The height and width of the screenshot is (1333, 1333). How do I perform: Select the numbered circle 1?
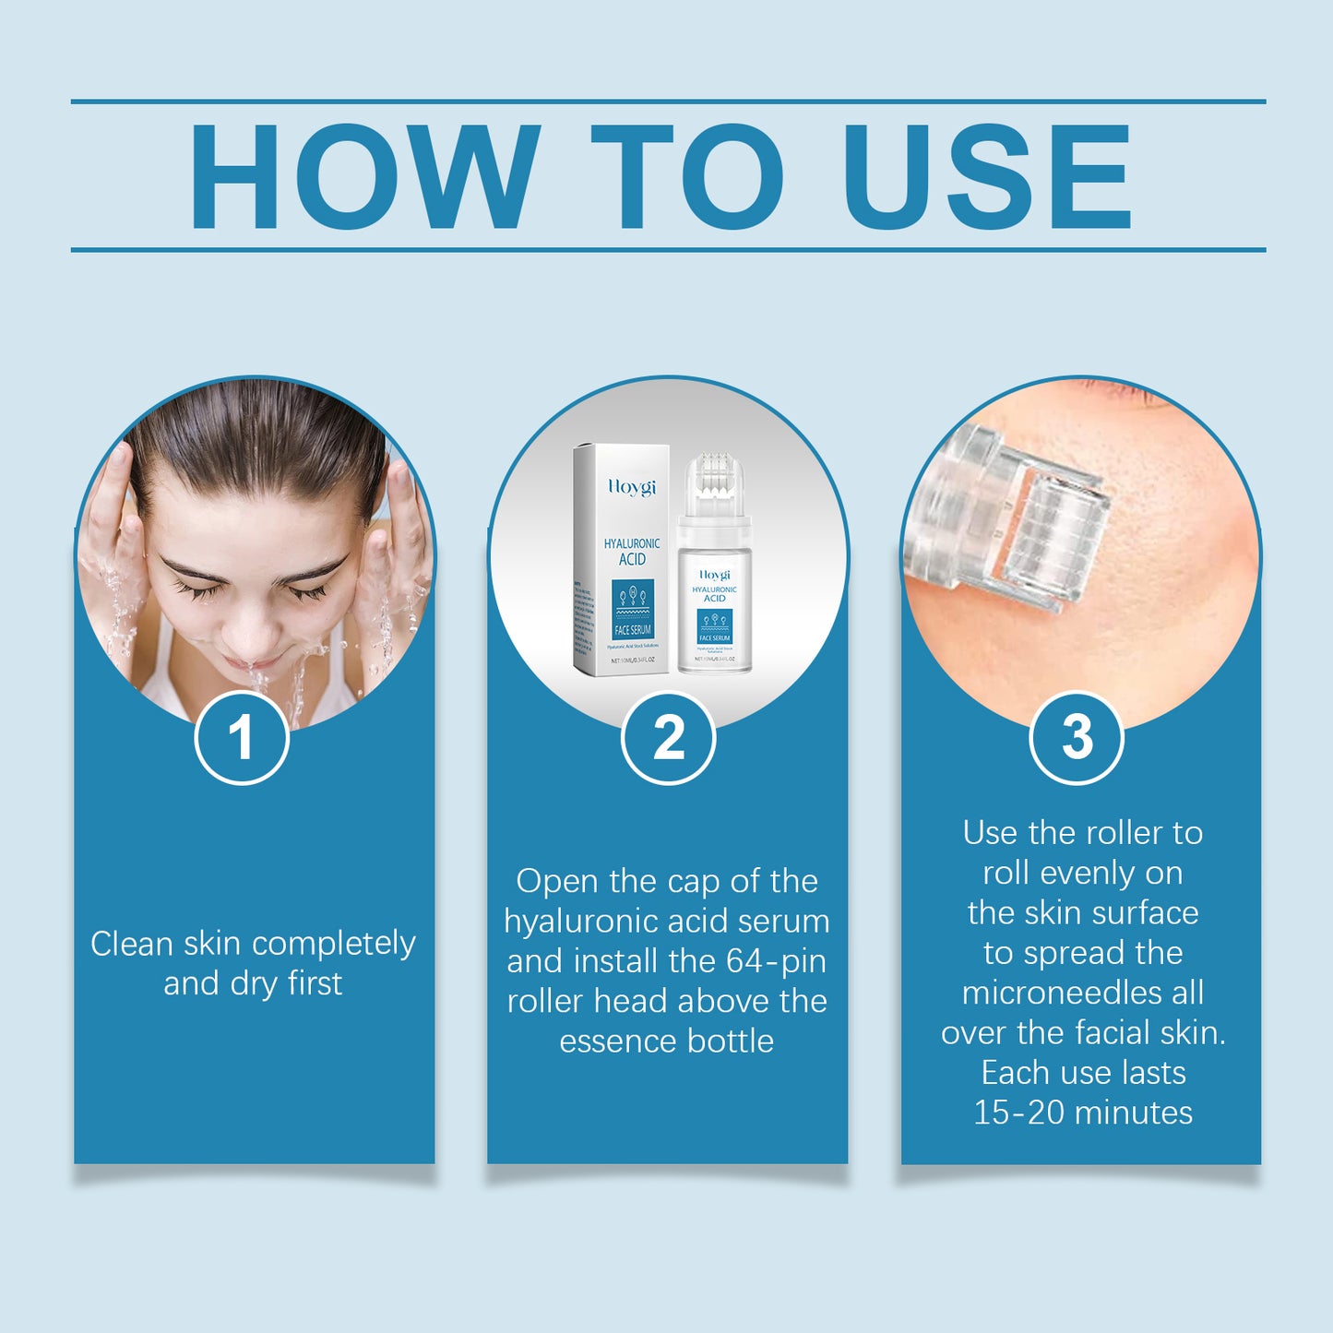(x=242, y=738)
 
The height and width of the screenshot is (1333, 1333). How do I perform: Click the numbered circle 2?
(x=668, y=738)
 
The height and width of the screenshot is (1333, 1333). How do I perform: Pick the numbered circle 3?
(x=1077, y=738)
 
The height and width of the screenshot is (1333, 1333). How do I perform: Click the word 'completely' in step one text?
(x=333, y=944)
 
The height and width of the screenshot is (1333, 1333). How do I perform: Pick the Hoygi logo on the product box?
(x=632, y=486)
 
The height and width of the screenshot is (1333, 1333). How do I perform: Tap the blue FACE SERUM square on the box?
(x=632, y=609)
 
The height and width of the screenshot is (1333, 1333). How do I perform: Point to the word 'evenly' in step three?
(x=1086, y=873)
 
